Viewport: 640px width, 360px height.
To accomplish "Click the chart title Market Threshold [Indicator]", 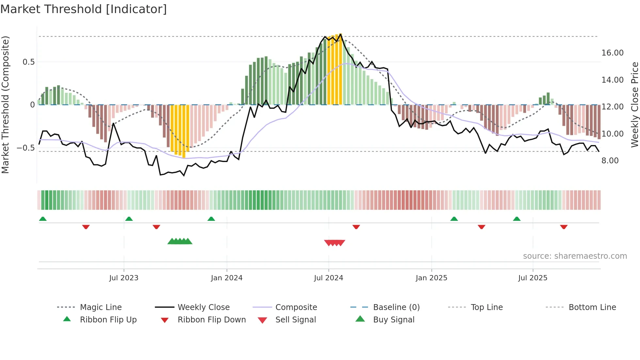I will [x=84, y=9].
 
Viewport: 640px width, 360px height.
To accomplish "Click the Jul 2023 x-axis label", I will [x=124, y=278].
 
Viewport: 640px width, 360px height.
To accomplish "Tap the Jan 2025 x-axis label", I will [x=431, y=278].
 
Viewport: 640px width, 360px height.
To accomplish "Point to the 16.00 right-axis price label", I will [x=612, y=53].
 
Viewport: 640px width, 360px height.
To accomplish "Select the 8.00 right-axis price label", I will [x=610, y=161].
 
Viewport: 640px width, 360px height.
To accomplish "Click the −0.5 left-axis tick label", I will [x=26, y=148].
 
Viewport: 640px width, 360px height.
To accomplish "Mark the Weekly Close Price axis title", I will [x=634, y=105].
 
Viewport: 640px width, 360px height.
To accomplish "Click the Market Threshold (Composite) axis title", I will [x=5, y=105].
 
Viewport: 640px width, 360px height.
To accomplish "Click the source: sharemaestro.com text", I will [x=575, y=256].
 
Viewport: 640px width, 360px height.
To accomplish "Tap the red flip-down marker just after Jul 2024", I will [x=356, y=227].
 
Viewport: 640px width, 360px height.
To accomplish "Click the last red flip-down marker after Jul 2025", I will [x=564, y=227].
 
